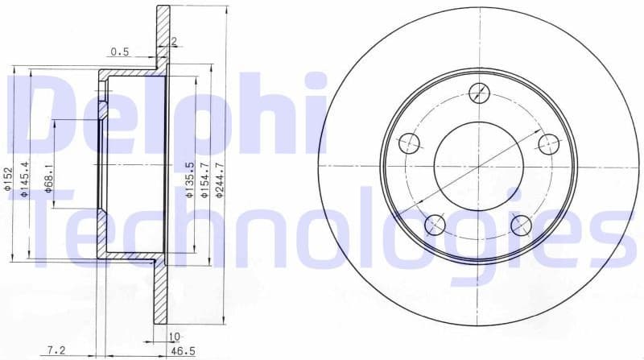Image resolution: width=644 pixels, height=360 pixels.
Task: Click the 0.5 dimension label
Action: coord(120,52)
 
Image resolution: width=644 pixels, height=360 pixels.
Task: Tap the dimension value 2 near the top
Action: coord(173,41)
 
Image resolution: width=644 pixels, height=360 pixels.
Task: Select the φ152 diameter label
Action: coord(8,181)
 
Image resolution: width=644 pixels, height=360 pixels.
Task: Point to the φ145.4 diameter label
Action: coord(25,179)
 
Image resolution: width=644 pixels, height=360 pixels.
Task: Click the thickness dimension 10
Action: coord(171,336)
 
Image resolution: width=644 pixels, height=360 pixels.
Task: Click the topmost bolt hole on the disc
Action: coord(479,92)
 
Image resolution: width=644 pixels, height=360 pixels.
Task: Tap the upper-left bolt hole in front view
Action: coord(410,144)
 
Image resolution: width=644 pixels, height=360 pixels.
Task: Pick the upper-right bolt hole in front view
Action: coord(548,144)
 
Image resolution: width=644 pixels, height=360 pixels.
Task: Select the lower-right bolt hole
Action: coord(522,224)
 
